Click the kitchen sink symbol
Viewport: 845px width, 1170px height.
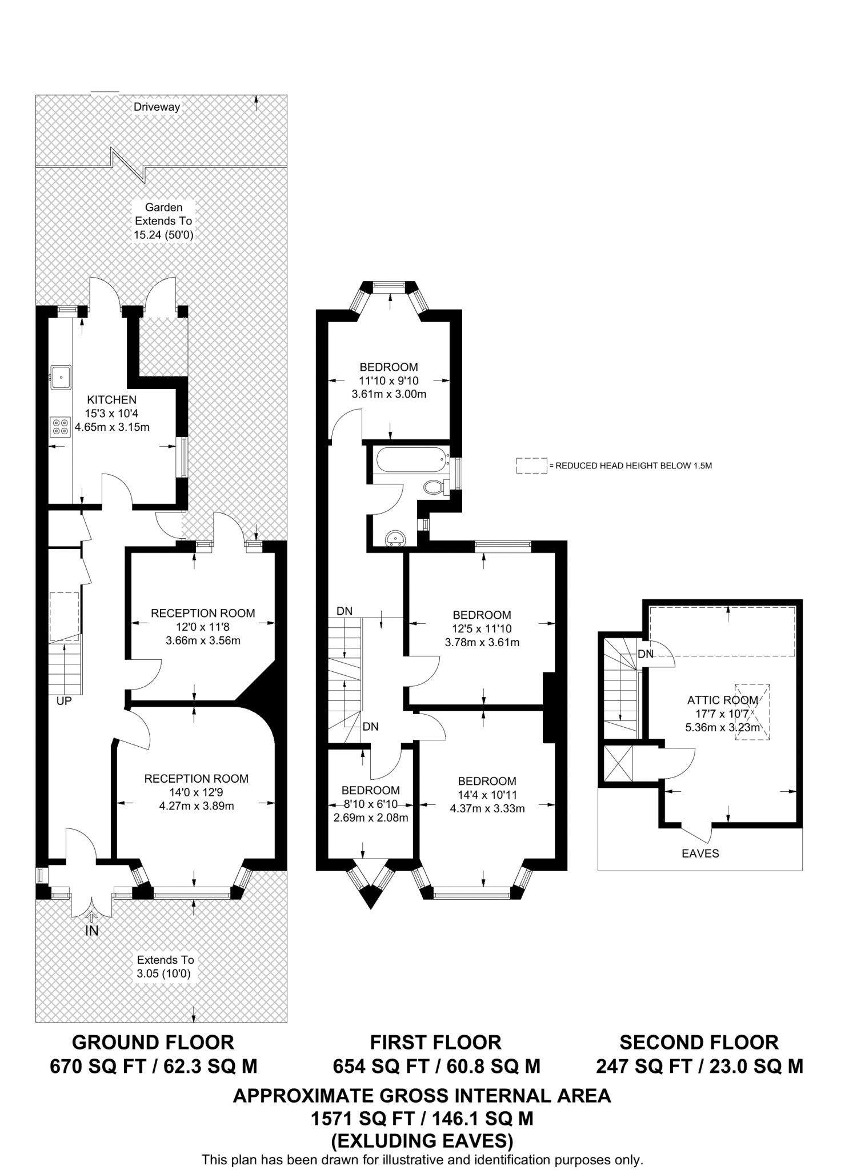(61, 378)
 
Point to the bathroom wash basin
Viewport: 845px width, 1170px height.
(396, 538)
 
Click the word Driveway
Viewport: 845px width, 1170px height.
(157, 107)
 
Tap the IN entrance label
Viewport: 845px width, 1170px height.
(92, 931)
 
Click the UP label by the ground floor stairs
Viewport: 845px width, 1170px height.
(64, 700)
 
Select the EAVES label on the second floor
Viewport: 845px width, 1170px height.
(700, 854)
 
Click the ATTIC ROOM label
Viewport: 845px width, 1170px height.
(722, 700)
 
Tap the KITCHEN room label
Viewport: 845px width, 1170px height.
(111, 400)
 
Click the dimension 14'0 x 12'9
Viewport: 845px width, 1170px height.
(196, 792)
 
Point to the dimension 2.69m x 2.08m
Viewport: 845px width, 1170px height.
(370, 818)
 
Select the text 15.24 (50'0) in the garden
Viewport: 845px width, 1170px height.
(163, 235)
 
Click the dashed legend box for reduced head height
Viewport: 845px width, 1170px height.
(531, 466)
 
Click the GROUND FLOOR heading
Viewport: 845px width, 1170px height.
(153, 1042)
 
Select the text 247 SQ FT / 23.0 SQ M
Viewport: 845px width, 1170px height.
(699, 1066)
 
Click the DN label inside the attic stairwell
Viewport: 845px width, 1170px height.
(646, 654)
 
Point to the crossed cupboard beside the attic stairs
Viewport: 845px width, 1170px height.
(619, 764)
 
